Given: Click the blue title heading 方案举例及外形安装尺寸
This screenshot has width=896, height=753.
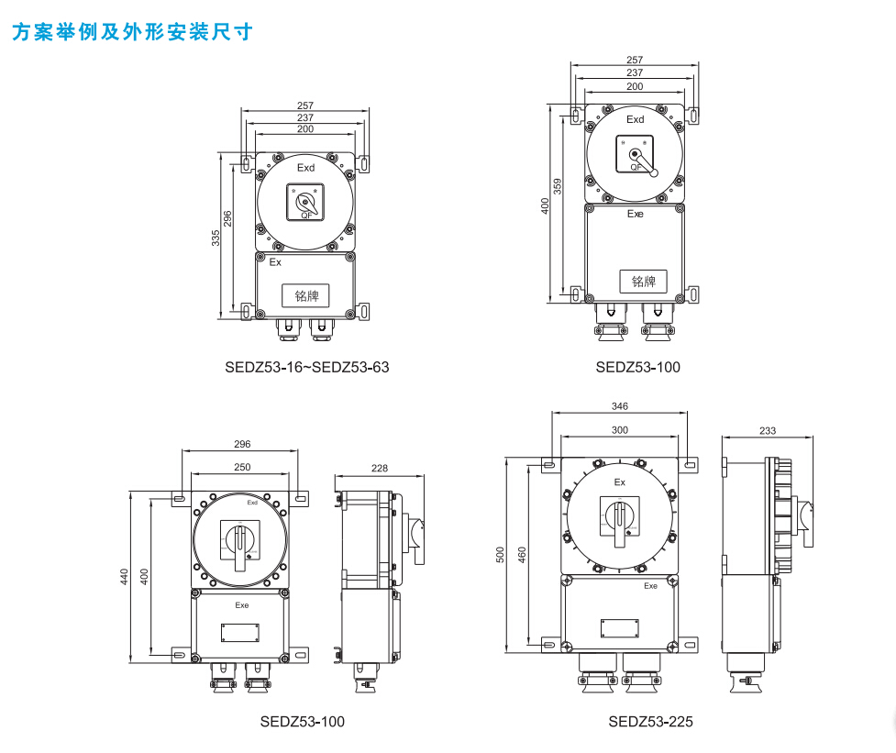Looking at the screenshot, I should (x=131, y=32).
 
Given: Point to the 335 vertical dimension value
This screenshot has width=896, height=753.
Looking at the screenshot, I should (x=216, y=238).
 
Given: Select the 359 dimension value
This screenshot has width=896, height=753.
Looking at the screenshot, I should (x=558, y=189).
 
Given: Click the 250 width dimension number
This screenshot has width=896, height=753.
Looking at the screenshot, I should (x=242, y=467).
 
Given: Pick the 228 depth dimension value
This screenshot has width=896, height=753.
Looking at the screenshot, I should (x=380, y=468).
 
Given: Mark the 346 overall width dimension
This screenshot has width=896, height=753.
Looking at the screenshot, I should (x=619, y=405).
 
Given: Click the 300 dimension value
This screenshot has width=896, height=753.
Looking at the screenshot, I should (x=619, y=429).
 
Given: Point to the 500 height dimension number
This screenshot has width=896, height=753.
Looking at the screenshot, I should (x=500, y=554).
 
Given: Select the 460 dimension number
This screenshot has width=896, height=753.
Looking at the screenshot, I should (x=523, y=554).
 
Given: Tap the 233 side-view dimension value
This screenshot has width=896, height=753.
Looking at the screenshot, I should (x=769, y=430).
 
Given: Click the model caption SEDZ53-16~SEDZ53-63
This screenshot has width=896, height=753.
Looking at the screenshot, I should (x=307, y=368).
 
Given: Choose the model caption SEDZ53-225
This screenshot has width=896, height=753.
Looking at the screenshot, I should (x=651, y=722).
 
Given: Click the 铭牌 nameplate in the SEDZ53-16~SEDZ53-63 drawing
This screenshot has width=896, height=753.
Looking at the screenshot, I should (x=306, y=295).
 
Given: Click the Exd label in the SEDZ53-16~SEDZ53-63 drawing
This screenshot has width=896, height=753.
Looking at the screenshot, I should (x=305, y=168).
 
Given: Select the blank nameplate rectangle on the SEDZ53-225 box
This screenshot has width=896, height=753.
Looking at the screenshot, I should (x=621, y=627).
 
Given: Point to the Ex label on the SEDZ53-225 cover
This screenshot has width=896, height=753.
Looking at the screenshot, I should (x=619, y=482).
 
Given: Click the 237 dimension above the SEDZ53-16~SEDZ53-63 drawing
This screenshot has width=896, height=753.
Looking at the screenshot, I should (x=305, y=117).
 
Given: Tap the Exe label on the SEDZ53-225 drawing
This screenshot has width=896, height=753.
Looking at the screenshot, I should (x=650, y=585).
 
